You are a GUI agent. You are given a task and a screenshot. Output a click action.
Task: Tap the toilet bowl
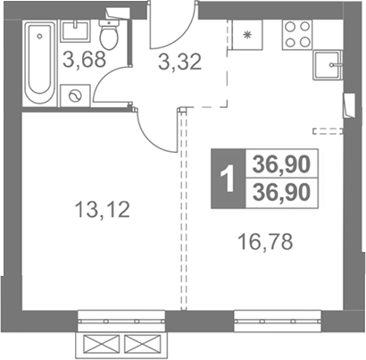point(109,35)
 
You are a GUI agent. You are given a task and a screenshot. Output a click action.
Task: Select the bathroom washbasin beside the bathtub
point(75,30)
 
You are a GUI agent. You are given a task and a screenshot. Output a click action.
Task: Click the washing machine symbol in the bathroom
point(75,96)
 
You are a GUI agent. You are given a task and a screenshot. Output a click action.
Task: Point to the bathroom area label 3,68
point(85,60)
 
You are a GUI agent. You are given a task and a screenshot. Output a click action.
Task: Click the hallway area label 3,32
point(180,62)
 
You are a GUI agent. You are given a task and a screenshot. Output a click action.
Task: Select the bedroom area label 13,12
point(103,209)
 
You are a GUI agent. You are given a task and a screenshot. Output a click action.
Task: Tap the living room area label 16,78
point(265,242)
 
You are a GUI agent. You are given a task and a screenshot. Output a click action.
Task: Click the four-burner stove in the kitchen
point(297,35)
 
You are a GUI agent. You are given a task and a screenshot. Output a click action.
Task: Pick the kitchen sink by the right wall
point(328,65)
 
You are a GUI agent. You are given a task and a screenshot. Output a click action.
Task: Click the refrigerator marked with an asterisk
point(246,35)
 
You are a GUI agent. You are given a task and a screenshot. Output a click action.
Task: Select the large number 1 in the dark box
point(229,179)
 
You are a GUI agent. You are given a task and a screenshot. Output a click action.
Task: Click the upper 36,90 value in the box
point(281,164)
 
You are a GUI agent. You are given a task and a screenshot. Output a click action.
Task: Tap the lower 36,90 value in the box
point(281,192)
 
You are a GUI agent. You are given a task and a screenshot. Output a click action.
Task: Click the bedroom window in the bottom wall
point(121,322)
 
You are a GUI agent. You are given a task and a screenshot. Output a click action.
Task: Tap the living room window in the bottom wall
point(278,322)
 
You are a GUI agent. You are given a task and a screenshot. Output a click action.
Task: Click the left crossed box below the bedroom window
point(102,345)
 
